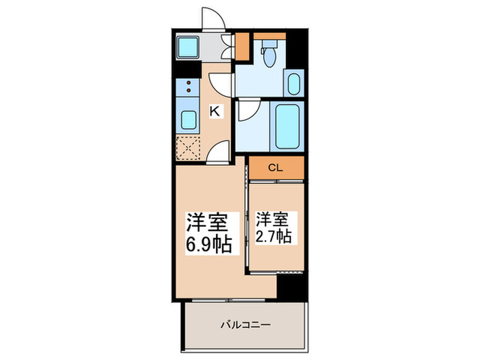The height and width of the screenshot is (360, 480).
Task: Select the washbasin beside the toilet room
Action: click(293, 84)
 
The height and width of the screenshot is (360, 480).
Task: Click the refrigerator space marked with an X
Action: click(187, 147)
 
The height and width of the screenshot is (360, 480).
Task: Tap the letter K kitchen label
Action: click(215, 110)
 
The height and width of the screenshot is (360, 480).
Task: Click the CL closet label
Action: click(276, 167)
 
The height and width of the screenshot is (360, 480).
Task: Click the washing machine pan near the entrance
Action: click(187, 47)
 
